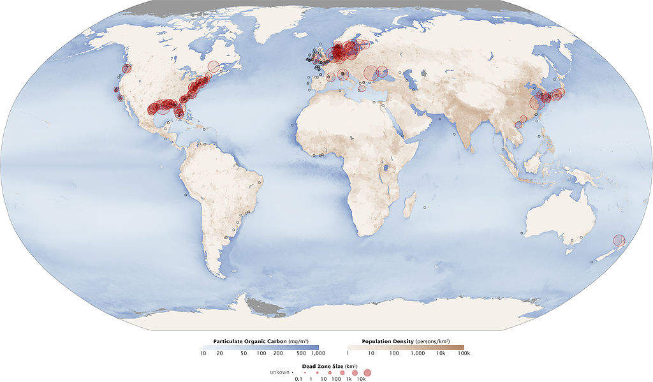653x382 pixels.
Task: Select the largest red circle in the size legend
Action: coord(367,372)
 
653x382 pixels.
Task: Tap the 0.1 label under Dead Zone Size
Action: coord(298,379)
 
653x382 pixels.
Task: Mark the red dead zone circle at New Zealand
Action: coord(619,240)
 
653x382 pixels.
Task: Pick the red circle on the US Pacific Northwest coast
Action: coord(127,68)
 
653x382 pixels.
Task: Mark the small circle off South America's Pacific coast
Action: coord(186,195)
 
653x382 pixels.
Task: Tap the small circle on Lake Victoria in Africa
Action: coord(388,169)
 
